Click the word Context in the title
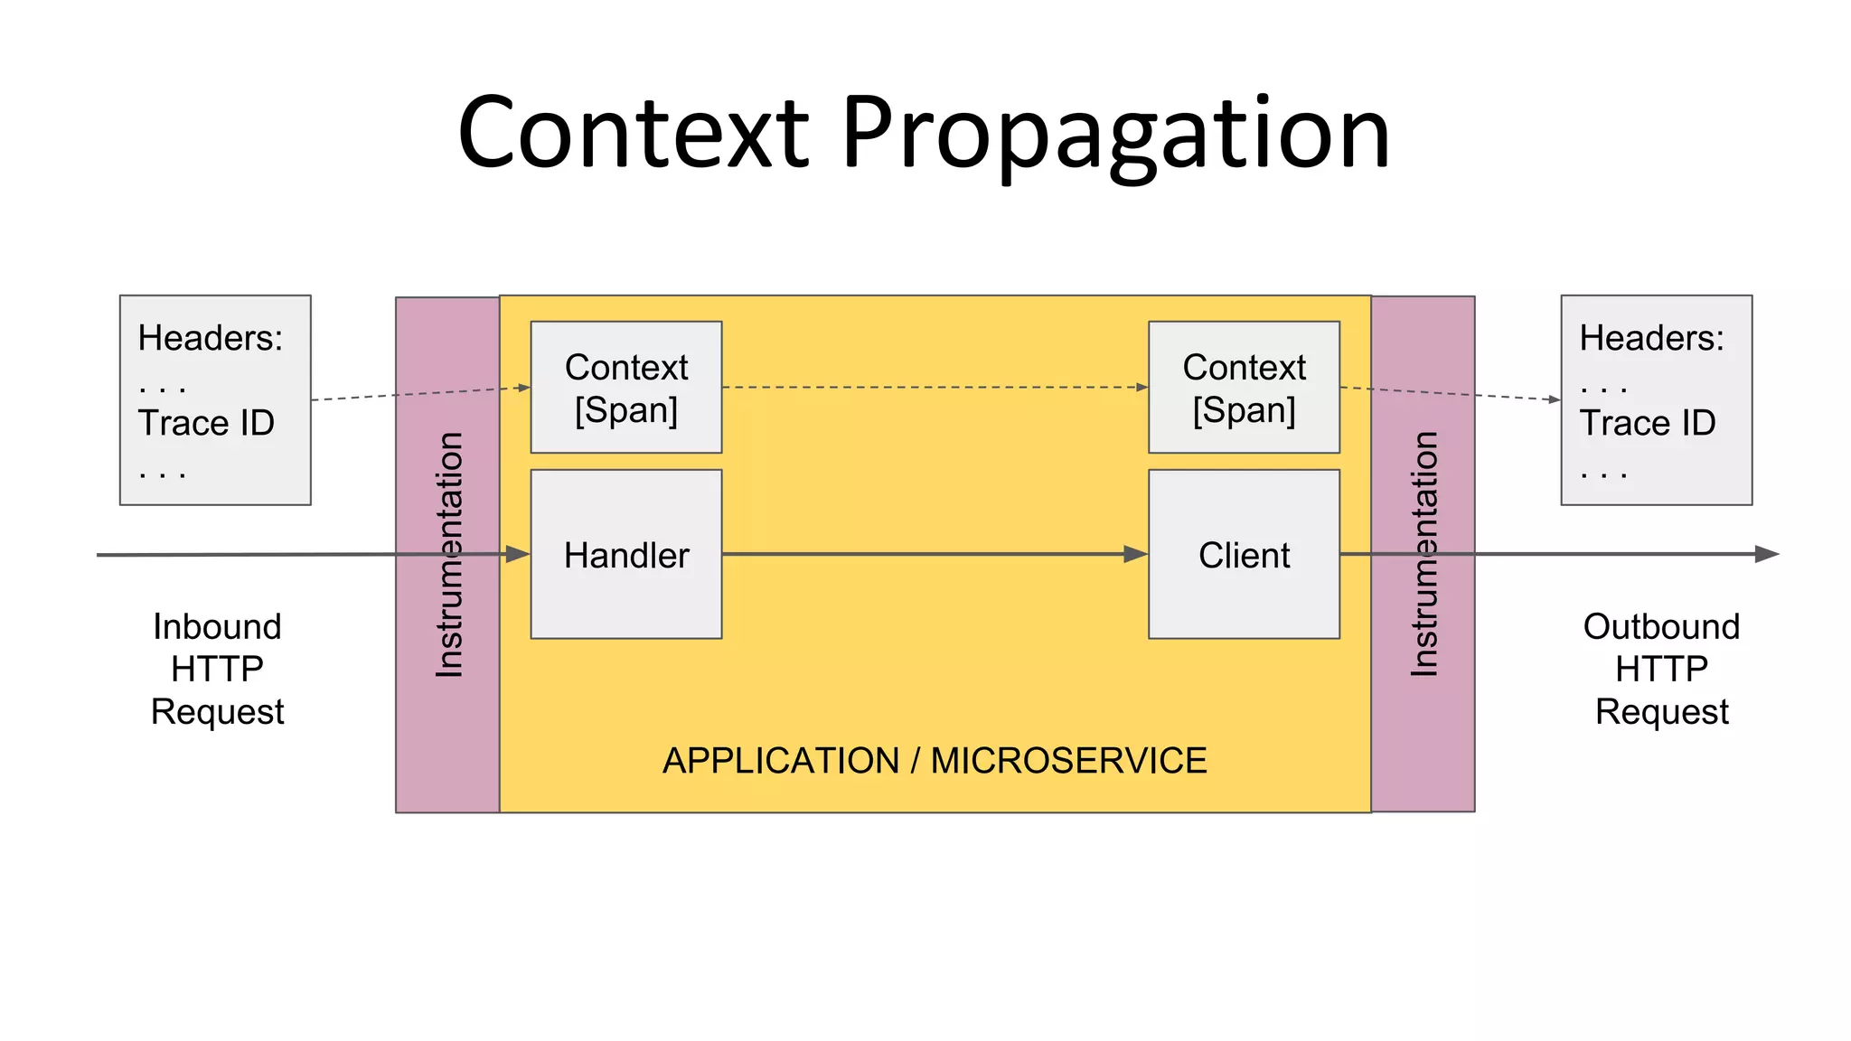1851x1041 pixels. tap(633, 134)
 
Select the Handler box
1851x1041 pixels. tap(625, 554)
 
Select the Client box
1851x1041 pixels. tap(1244, 554)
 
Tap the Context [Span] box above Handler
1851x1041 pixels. tap(625, 388)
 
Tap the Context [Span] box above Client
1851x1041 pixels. tap(1244, 388)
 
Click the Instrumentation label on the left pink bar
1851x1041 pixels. tap(449, 554)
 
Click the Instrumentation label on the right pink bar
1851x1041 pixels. tap(1424, 554)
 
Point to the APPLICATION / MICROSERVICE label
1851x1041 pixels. tap(935, 761)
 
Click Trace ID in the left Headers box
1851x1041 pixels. tap(206, 423)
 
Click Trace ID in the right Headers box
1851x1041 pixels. tap(1647, 423)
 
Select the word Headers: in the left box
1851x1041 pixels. tap(210, 338)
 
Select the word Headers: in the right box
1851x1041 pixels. tap(1651, 338)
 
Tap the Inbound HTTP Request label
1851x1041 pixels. tap(217, 669)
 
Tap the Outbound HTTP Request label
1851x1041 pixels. tap(1661, 669)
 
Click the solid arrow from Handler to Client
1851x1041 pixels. tap(931, 554)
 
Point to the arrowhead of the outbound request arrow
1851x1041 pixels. tap(1766, 554)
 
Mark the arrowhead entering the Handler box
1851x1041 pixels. tap(518, 554)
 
